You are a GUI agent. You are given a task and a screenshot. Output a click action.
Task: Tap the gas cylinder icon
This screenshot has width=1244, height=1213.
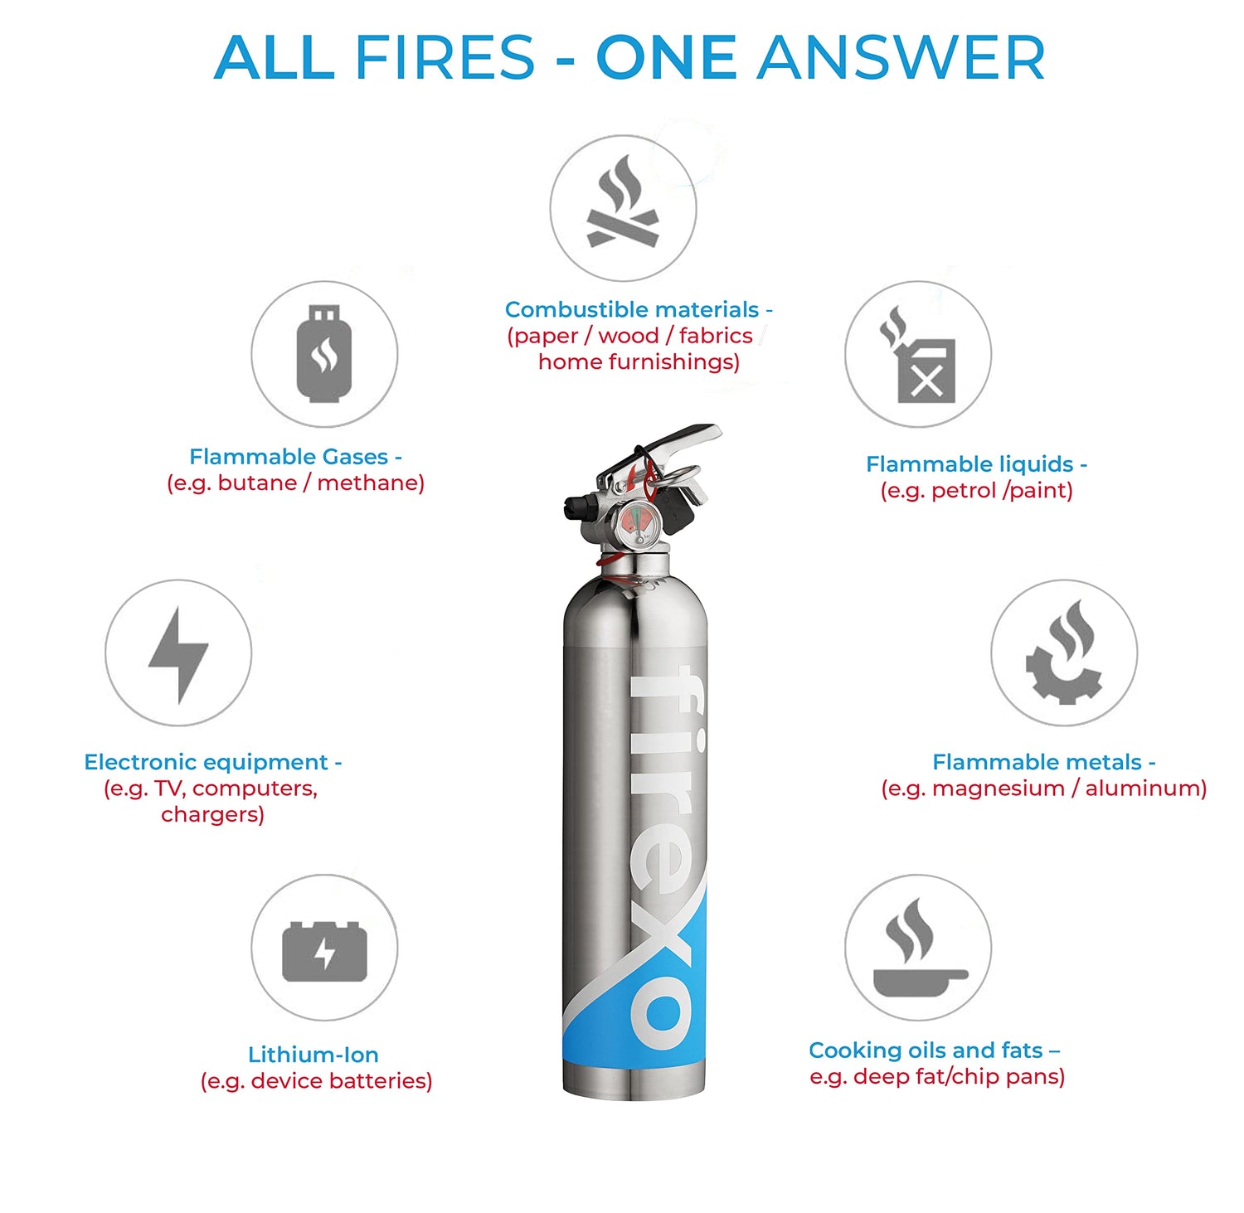324,354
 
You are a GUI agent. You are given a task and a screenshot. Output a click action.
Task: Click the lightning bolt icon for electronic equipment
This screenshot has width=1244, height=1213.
178,654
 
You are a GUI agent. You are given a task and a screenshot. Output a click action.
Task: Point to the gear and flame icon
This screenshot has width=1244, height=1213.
1064,653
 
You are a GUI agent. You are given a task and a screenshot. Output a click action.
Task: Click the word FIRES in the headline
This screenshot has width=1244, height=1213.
445,58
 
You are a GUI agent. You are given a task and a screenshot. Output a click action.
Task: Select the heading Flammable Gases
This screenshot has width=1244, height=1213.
289,457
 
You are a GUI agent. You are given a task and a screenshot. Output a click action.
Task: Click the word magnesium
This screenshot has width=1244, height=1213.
998,788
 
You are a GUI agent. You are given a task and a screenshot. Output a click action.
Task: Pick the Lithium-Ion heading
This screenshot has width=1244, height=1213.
313,1055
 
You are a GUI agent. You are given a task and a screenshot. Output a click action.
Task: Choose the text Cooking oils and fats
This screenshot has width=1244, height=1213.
926,1050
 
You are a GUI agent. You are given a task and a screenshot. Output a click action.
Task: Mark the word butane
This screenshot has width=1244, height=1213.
257,483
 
